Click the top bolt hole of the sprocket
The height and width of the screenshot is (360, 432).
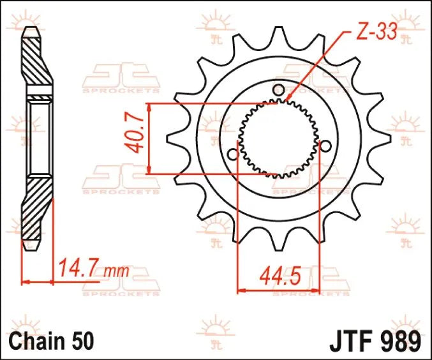tap(278, 89)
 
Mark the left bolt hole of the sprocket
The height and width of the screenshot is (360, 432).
tap(233, 154)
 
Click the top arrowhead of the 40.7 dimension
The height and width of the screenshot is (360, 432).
tap(149, 106)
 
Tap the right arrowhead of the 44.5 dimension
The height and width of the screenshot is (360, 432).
tap(318, 290)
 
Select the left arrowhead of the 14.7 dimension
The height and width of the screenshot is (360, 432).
tap(26, 280)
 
